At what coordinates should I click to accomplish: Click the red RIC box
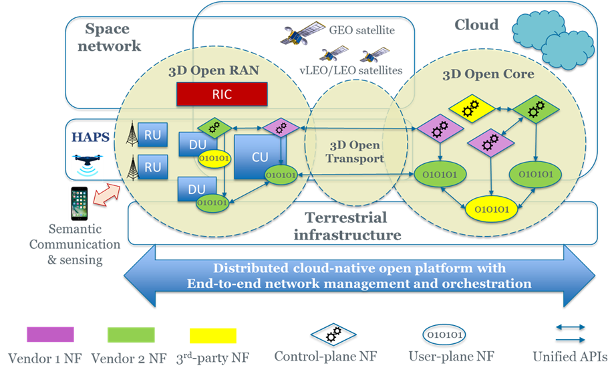point(222,94)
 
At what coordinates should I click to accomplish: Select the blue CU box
point(259,157)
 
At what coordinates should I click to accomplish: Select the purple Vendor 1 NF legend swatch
point(50,335)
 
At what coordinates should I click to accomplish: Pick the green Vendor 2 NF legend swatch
point(131,335)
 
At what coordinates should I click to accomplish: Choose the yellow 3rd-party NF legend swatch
point(212,335)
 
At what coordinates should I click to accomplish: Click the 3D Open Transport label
point(355,152)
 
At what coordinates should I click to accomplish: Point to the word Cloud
point(476,25)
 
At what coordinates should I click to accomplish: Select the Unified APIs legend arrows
point(571,333)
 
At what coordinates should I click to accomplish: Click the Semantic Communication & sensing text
point(74,244)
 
